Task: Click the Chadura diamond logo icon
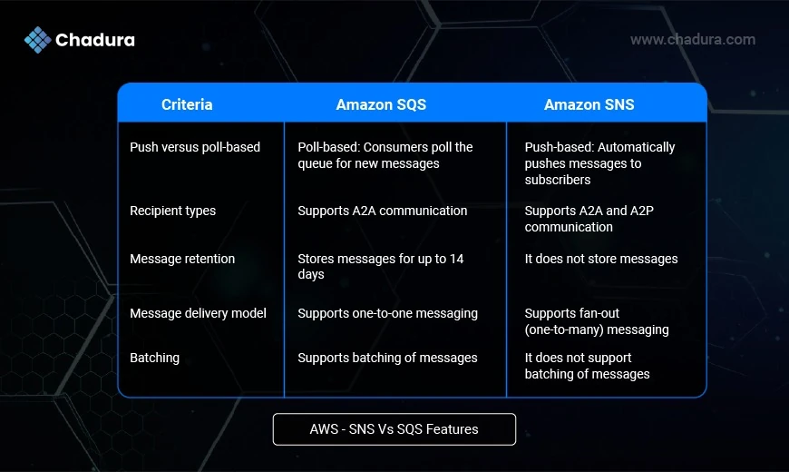click(38, 40)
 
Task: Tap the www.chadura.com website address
click(692, 39)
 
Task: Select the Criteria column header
click(187, 104)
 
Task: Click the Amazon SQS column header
click(381, 104)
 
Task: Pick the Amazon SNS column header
click(589, 104)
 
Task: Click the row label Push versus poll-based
click(195, 147)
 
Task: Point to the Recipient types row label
click(172, 211)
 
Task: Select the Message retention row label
click(182, 259)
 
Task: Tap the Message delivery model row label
click(198, 313)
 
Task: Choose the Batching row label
click(154, 358)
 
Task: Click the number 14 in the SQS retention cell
click(456, 259)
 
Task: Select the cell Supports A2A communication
click(383, 211)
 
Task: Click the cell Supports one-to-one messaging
click(387, 313)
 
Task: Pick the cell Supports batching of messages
click(387, 358)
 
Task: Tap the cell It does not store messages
click(601, 259)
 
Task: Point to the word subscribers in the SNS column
click(558, 180)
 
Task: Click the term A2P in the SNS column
click(642, 211)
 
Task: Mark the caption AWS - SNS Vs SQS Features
click(394, 429)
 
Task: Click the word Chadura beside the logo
click(95, 40)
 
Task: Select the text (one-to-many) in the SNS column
click(572, 329)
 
